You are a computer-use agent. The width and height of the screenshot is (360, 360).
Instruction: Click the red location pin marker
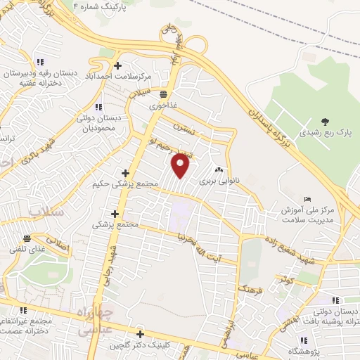(x=181, y=165)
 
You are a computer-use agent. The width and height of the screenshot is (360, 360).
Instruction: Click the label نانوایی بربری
(x=219, y=181)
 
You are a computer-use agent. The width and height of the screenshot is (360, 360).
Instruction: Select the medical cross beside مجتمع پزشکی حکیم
(x=126, y=173)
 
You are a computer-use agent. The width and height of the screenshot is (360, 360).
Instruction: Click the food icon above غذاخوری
(x=163, y=94)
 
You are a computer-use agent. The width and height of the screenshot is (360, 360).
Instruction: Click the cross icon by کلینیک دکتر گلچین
(x=140, y=335)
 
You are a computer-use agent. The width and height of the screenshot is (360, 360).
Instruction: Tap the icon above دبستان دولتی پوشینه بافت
(x=334, y=300)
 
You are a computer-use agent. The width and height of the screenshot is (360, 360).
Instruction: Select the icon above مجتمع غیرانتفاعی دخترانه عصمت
(x=23, y=309)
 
